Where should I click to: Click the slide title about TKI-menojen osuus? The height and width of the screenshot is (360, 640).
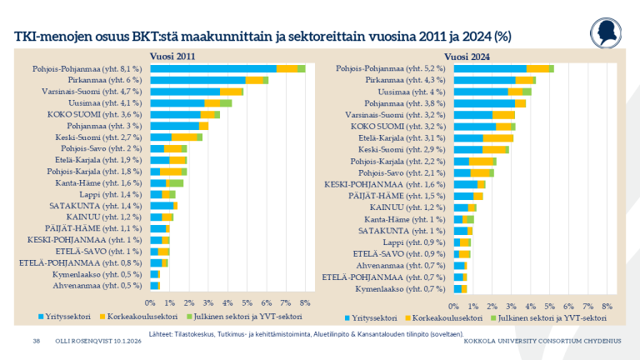tap(262, 37)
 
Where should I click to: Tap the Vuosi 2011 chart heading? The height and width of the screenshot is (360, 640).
tap(172, 56)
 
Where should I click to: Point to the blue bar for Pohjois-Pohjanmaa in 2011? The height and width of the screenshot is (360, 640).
tap(213, 68)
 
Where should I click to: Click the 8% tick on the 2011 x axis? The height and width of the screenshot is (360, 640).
tap(305, 302)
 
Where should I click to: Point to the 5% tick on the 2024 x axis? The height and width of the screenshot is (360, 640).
tap(551, 306)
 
